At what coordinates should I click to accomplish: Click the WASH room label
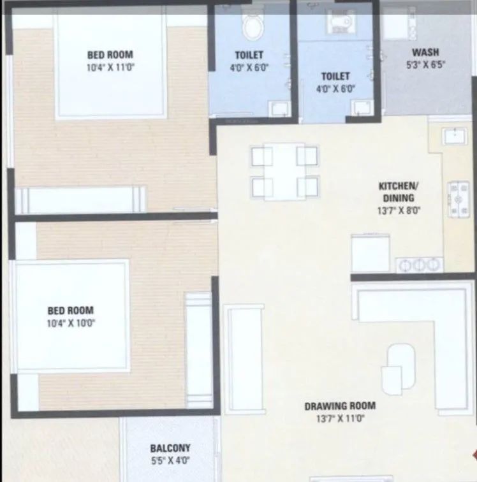click(425, 52)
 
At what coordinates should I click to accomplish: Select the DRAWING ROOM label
click(339, 405)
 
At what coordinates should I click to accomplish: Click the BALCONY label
click(170, 448)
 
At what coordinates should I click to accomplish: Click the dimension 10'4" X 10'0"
click(71, 323)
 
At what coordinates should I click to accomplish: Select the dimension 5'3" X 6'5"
click(425, 64)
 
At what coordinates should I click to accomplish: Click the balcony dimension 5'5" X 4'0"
click(170, 460)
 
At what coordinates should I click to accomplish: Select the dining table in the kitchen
click(284, 171)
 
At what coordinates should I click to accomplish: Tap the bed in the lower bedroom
click(71, 316)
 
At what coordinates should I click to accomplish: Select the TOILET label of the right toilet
click(335, 77)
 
